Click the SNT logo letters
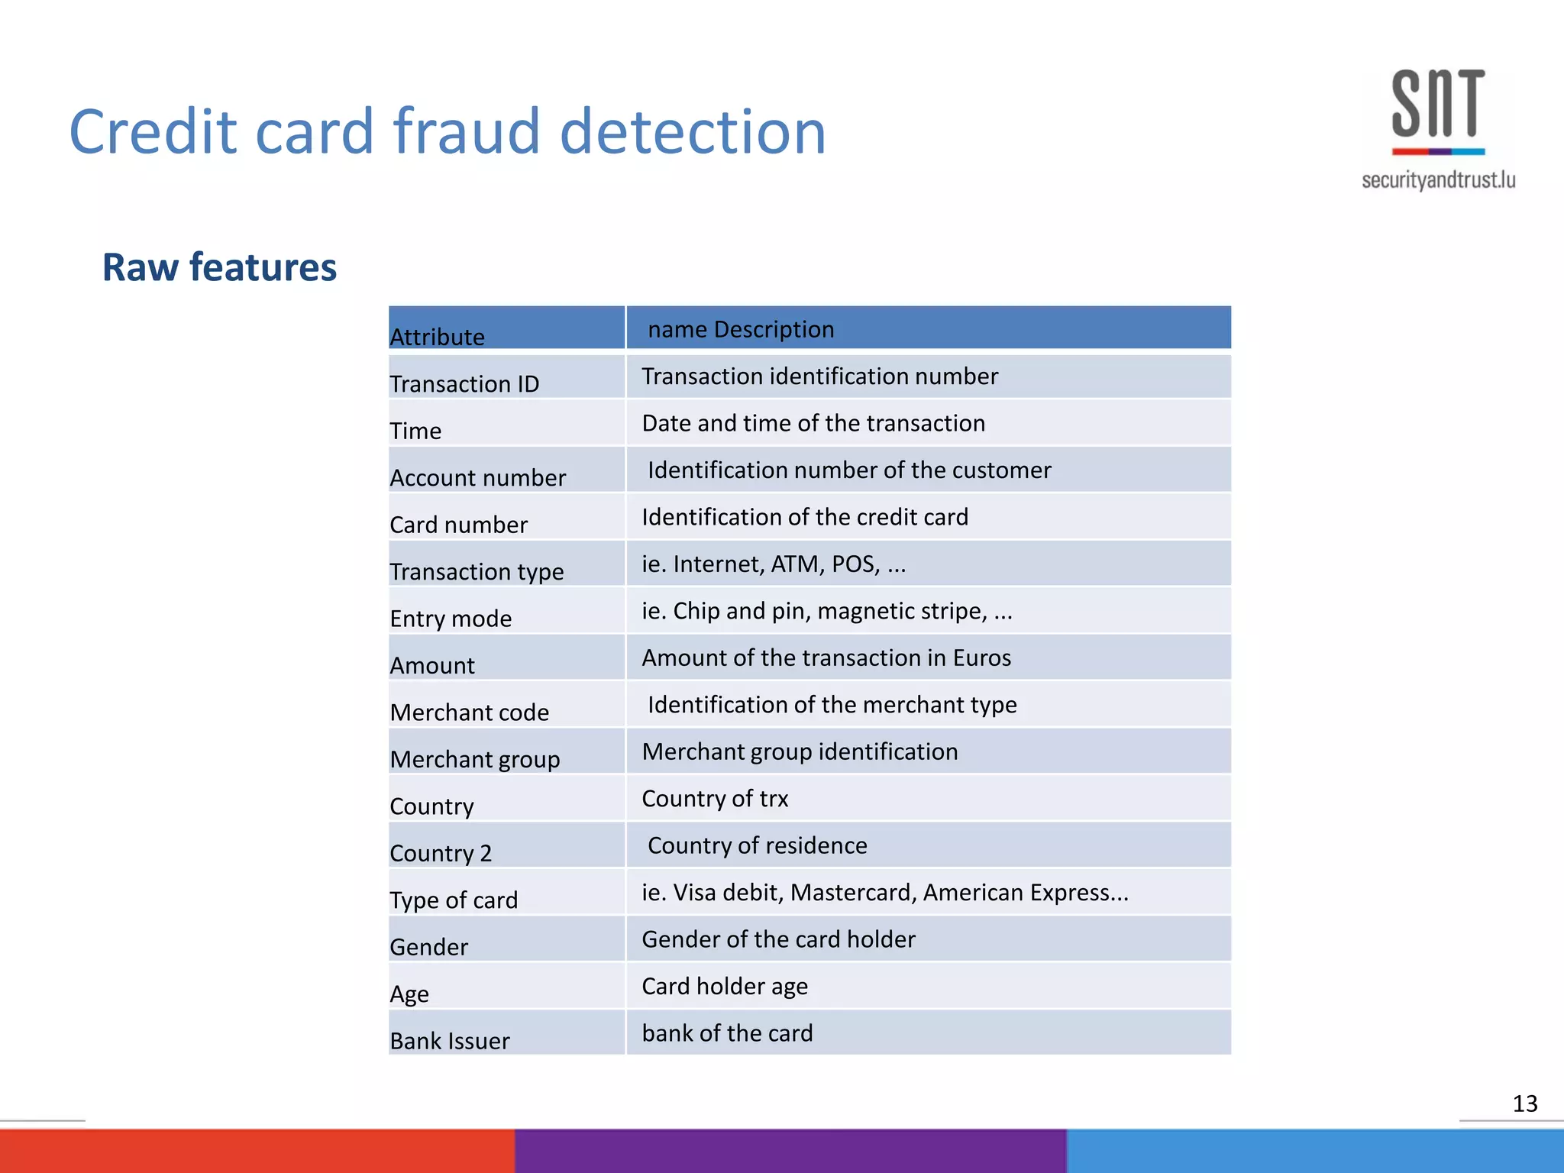pos(1438,103)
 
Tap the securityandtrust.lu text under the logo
pos(1438,180)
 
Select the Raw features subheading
pos(219,267)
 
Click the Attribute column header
pos(438,337)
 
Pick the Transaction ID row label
pos(464,383)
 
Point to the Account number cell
pos(477,477)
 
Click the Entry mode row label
pos(451,618)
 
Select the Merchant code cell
pos(469,712)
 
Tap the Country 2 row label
pos(441,852)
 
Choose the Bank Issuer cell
pos(449,1040)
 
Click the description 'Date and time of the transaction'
pos(813,423)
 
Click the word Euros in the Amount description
pos(981,658)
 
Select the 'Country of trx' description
pos(715,798)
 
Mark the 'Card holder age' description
pos(725,986)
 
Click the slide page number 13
pos(1524,1104)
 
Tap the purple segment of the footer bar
pos(790,1151)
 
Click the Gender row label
pos(428,946)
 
